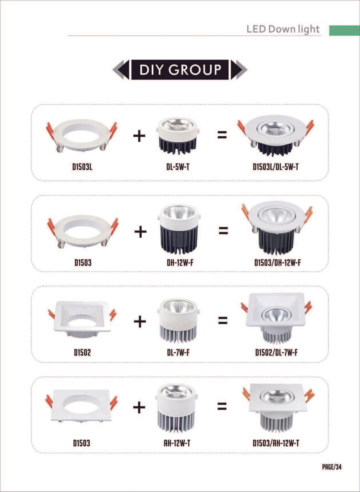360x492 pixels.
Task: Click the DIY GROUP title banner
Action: point(180,70)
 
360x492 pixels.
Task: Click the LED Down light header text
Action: point(283,29)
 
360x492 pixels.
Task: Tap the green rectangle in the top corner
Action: point(344,30)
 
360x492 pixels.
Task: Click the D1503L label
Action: point(82,167)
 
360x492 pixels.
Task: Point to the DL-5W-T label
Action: point(178,167)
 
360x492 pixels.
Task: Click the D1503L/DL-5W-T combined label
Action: point(276,167)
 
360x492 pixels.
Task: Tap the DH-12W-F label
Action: point(180,262)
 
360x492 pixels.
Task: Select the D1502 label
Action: point(82,353)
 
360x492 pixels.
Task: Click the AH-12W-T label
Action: point(177,443)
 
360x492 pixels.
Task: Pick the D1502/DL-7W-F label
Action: point(276,353)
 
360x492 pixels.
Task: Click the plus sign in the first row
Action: point(139,136)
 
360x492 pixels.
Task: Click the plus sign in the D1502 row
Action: point(140,321)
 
